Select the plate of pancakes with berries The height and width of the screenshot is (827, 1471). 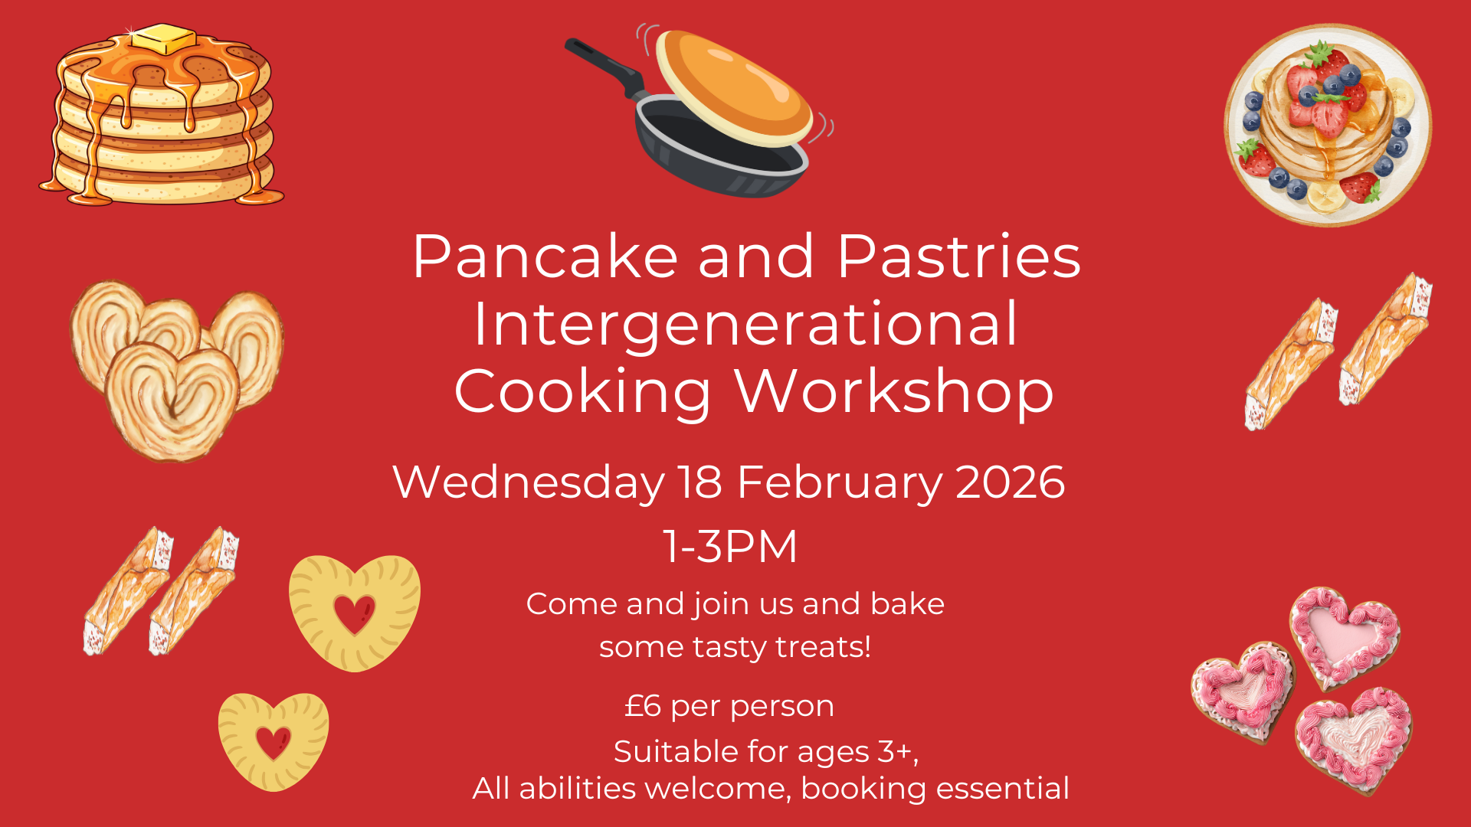[1328, 125]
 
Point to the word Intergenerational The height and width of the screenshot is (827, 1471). [745, 324]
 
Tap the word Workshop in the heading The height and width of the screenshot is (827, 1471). [894, 391]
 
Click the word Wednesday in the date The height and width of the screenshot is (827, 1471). [529, 482]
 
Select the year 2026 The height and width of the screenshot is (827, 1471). [1011, 482]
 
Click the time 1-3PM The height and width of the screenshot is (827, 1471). [731, 547]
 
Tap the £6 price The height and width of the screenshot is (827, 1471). [643, 705]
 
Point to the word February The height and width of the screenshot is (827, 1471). [840, 482]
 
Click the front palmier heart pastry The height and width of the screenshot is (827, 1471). [172, 400]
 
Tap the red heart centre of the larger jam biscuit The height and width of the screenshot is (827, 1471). [354, 613]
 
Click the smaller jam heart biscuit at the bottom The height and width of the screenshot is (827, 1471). [274, 741]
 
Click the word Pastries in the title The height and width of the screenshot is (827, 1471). [958, 257]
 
